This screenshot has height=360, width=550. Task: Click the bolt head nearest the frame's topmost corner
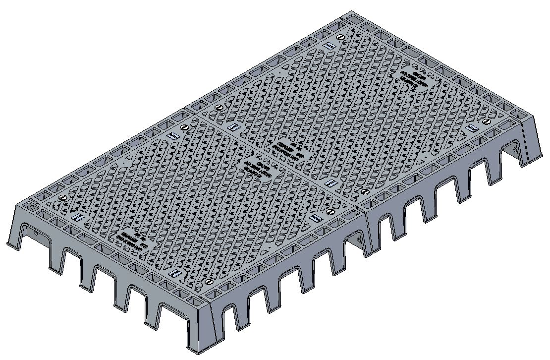[x=339, y=38]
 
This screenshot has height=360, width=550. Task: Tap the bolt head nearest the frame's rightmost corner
[x=486, y=121]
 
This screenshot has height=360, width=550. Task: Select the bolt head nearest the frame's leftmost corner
[x=62, y=197]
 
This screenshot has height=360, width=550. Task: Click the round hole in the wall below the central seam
[x=358, y=239]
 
